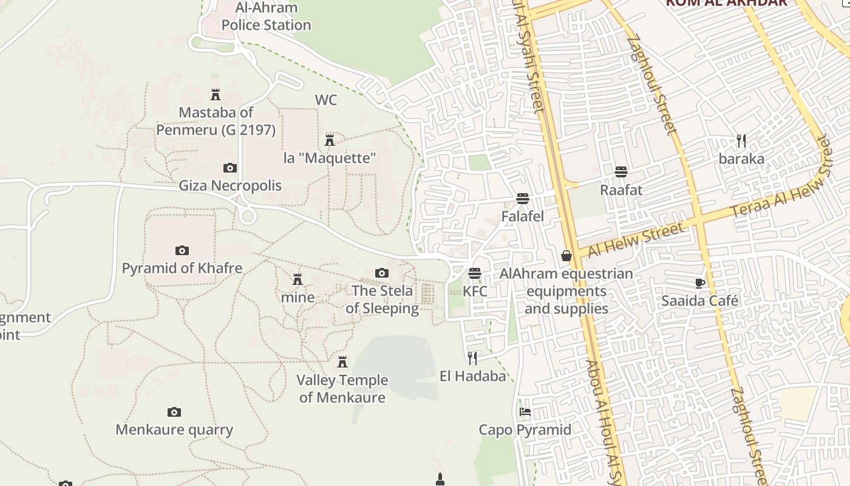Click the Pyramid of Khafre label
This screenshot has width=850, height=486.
[x=182, y=268]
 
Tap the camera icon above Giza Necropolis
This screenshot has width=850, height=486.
[x=229, y=168]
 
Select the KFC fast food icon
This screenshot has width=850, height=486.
[x=475, y=273]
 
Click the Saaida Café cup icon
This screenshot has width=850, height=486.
[x=699, y=283]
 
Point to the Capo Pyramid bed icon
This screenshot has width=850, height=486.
[x=525, y=412]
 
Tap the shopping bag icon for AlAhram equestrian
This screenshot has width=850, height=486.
[x=566, y=256]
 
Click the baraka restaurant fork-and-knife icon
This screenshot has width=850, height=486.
[x=741, y=141]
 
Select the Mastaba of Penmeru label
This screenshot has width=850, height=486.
[x=216, y=121]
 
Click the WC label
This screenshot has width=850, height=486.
[x=325, y=100]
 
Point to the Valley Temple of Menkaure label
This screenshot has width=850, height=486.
[x=342, y=389]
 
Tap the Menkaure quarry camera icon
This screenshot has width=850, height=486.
[x=174, y=412]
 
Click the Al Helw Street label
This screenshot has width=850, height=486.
[x=635, y=239]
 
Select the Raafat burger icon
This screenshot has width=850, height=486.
[x=620, y=172]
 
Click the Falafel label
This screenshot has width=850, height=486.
[x=522, y=216]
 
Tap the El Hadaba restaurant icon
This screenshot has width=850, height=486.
[x=472, y=358]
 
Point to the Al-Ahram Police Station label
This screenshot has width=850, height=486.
[x=266, y=16]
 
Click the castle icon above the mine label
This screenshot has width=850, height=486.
[x=297, y=279]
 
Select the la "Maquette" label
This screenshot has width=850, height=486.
[x=330, y=158]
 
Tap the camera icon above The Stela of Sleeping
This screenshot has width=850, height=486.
[x=381, y=273]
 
